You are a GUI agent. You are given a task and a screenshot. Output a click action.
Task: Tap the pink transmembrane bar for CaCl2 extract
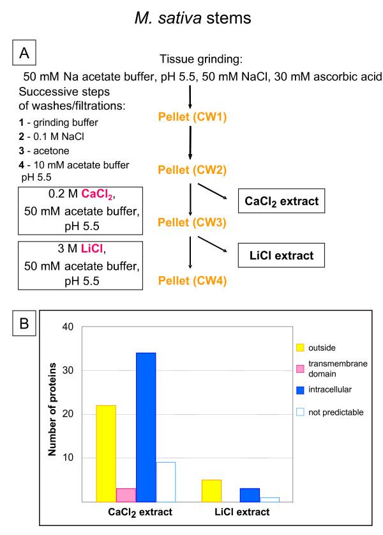(x=126, y=495)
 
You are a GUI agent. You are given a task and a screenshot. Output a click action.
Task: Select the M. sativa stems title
(x=191, y=20)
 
